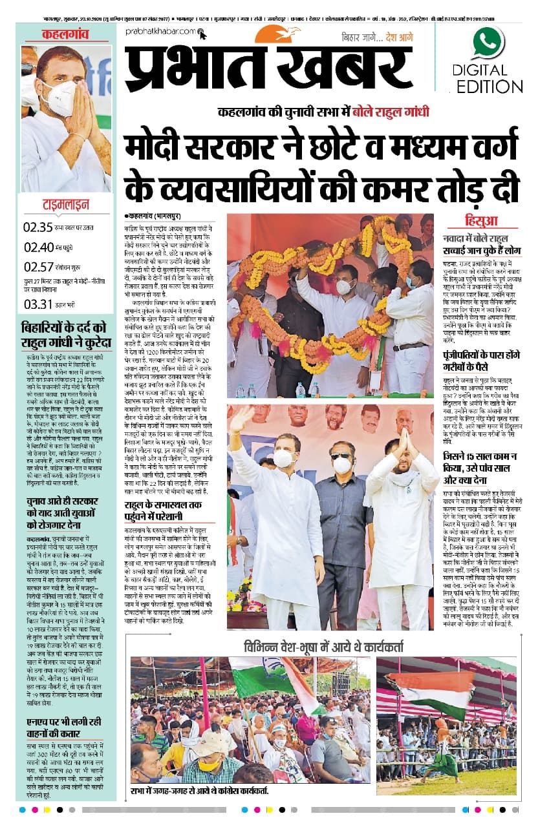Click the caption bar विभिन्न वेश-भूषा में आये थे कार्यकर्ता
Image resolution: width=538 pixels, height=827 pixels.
pos(323,647)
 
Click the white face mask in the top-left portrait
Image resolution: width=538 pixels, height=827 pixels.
pos(59,99)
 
